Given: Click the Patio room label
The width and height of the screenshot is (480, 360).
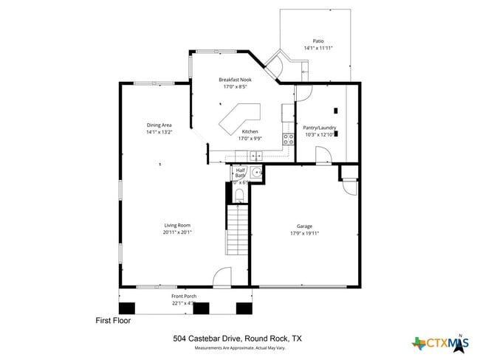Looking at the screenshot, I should coord(318,41).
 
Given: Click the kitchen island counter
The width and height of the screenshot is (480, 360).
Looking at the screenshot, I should coord(240,119).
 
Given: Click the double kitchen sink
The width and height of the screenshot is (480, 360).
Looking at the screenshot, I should coord(255,155).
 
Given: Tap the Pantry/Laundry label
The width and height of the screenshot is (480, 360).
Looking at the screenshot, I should coord(320,128).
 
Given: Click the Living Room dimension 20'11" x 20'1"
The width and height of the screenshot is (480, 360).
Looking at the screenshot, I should coord(177,232).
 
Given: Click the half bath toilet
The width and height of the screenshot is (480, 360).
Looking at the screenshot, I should coord(239,195).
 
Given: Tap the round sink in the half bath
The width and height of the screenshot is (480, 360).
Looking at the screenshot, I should coord(256,173).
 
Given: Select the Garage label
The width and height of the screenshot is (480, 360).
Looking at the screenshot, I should coord(305,226).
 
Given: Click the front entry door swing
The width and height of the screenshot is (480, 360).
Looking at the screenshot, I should coord(222,278).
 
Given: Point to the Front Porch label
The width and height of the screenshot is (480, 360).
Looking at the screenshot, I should coord(162,296).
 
